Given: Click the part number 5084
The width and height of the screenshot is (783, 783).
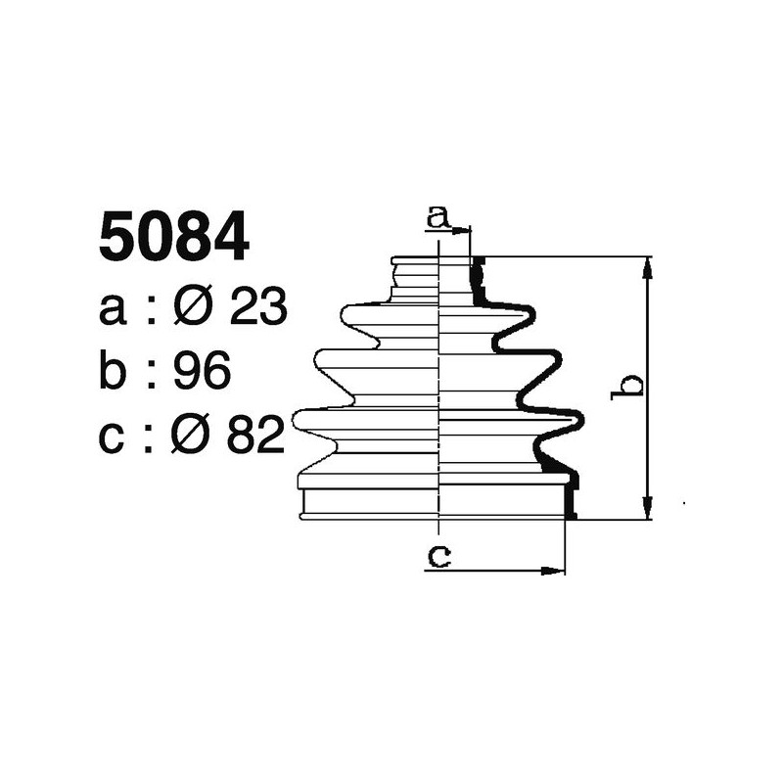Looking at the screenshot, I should (x=174, y=240).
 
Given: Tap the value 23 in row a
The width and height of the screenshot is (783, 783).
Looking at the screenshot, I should (x=257, y=308).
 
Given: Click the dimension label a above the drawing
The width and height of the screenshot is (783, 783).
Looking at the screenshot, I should (x=439, y=215).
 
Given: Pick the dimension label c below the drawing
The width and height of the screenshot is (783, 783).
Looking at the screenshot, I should (x=439, y=556).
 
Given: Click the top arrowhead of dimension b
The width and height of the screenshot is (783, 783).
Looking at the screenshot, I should (x=647, y=265).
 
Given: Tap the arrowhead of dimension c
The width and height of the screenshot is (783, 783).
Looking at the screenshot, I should (x=558, y=570).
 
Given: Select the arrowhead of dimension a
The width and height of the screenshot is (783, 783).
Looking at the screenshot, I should (x=464, y=230).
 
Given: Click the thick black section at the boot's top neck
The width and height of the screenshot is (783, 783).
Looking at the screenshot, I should (x=477, y=280).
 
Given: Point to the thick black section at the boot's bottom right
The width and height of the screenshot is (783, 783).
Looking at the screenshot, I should (x=570, y=494).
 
